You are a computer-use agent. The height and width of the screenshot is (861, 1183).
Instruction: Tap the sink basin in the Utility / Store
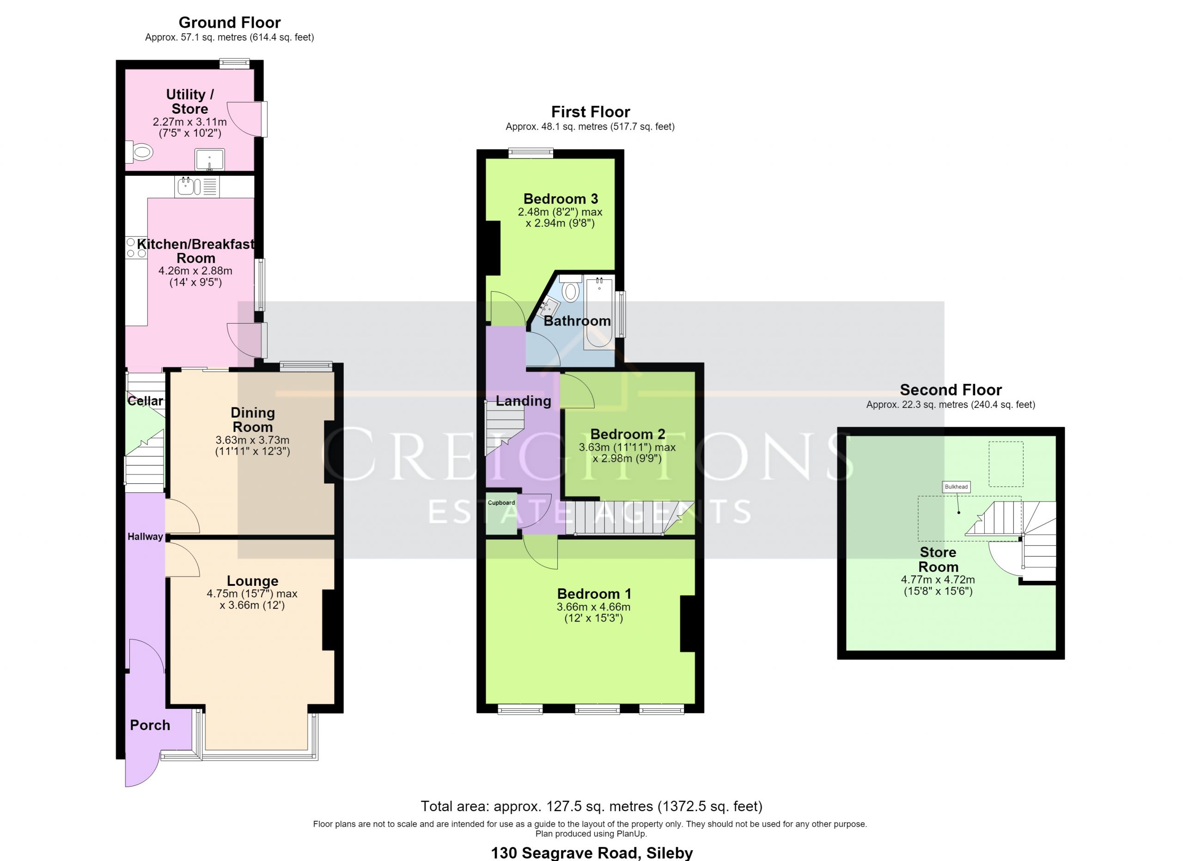tap(209, 159)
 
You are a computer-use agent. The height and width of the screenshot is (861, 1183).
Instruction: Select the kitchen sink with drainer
tap(197, 187)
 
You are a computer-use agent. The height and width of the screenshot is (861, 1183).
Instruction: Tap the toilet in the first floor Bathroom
tap(571, 289)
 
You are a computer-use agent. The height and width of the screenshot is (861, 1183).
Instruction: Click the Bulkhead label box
tap(956, 487)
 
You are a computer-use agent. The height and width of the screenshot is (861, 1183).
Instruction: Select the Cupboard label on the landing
tap(501, 503)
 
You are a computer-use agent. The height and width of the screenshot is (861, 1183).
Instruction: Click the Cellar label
tap(145, 401)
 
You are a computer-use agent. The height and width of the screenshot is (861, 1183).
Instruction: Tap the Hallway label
tap(145, 536)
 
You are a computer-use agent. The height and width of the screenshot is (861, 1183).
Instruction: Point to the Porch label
tap(150, 726)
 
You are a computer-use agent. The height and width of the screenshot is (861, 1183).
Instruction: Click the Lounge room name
tap(252, 581)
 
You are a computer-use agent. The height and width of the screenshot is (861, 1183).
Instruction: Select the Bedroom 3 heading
tap(561, 199)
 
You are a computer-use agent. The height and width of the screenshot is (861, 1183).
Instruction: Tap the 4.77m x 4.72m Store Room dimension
tap(938, 580)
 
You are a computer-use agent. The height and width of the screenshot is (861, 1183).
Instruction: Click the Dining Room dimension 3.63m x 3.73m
tap(252, 440)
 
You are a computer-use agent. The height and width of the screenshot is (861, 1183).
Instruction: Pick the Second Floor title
tap(951, 390)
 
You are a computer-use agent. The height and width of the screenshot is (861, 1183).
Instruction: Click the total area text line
tap(591, 806)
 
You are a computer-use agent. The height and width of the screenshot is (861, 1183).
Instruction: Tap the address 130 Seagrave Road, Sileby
tap(592, 853)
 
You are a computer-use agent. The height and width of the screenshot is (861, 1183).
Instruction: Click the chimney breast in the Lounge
tap(329, 620)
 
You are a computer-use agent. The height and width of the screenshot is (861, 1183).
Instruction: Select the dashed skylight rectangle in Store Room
tap(1006, 464)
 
